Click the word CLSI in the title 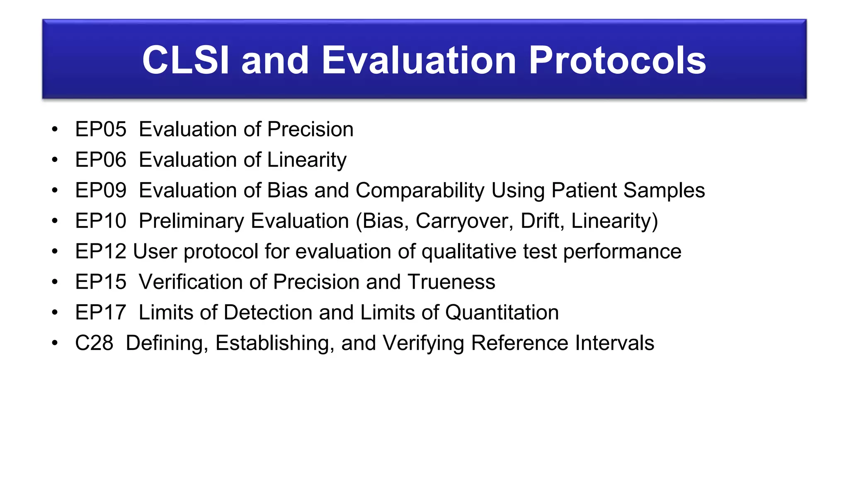point(185,60)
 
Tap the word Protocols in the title point(617,60)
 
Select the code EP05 point(101,129)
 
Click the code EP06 point(101,160)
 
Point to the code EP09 point(101,190)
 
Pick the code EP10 point(101,221)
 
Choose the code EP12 point(101,251)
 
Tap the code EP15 point(101,282)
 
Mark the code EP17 point(101,312)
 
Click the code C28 point(94,343)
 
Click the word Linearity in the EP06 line point(307,160)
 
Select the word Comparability point(420,190)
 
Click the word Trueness point(451,282)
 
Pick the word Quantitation point(502,312)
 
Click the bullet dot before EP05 point(55,130)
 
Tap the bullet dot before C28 point(55,343)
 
